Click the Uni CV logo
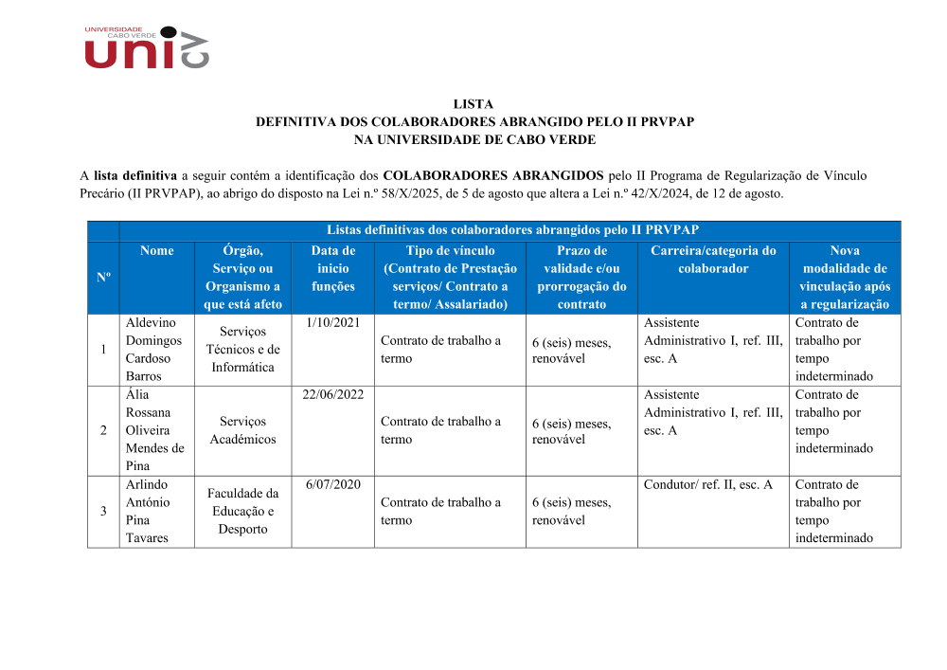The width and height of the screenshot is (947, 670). click(146, 47)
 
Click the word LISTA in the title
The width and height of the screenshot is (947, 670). click(473, 104)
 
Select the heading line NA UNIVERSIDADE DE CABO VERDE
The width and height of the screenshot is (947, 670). click(473, 139)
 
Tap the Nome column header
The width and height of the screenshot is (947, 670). click(156, 251)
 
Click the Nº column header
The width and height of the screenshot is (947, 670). click(103, 277)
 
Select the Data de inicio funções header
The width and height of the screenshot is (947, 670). click(333, 268)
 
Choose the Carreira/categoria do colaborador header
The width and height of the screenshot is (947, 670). click(713, 260)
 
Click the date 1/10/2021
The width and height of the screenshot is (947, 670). click(333, 323)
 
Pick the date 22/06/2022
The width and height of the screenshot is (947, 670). click(333, 395)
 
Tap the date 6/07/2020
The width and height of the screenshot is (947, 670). click(333, 485)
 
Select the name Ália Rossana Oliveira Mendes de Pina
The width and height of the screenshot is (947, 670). click(154, 430)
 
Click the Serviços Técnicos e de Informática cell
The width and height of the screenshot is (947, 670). click(242, 350)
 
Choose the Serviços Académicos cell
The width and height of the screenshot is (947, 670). click(242, 430)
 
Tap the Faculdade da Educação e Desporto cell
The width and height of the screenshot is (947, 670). click(242, 512)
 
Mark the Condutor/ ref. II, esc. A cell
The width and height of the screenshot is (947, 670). click(707, 485)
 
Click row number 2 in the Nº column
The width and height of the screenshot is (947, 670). click(103, 430)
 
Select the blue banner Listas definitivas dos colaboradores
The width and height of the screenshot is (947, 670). click(511, 230)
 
